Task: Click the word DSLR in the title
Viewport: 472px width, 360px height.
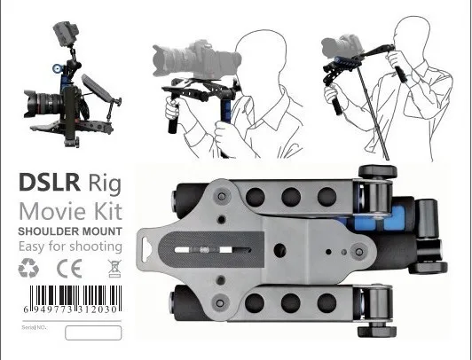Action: (x=50, y=183)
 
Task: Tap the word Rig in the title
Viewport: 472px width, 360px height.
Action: (x=105, y=184)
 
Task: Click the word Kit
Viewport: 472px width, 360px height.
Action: (x=108, y=211)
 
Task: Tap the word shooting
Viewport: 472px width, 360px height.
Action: (x=96, y=247)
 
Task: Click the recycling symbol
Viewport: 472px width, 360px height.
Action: (x=28, y=268)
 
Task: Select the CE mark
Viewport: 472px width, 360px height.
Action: (x=69, y=269)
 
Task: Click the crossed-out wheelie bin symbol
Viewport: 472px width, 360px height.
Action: (x=114, y=269)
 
